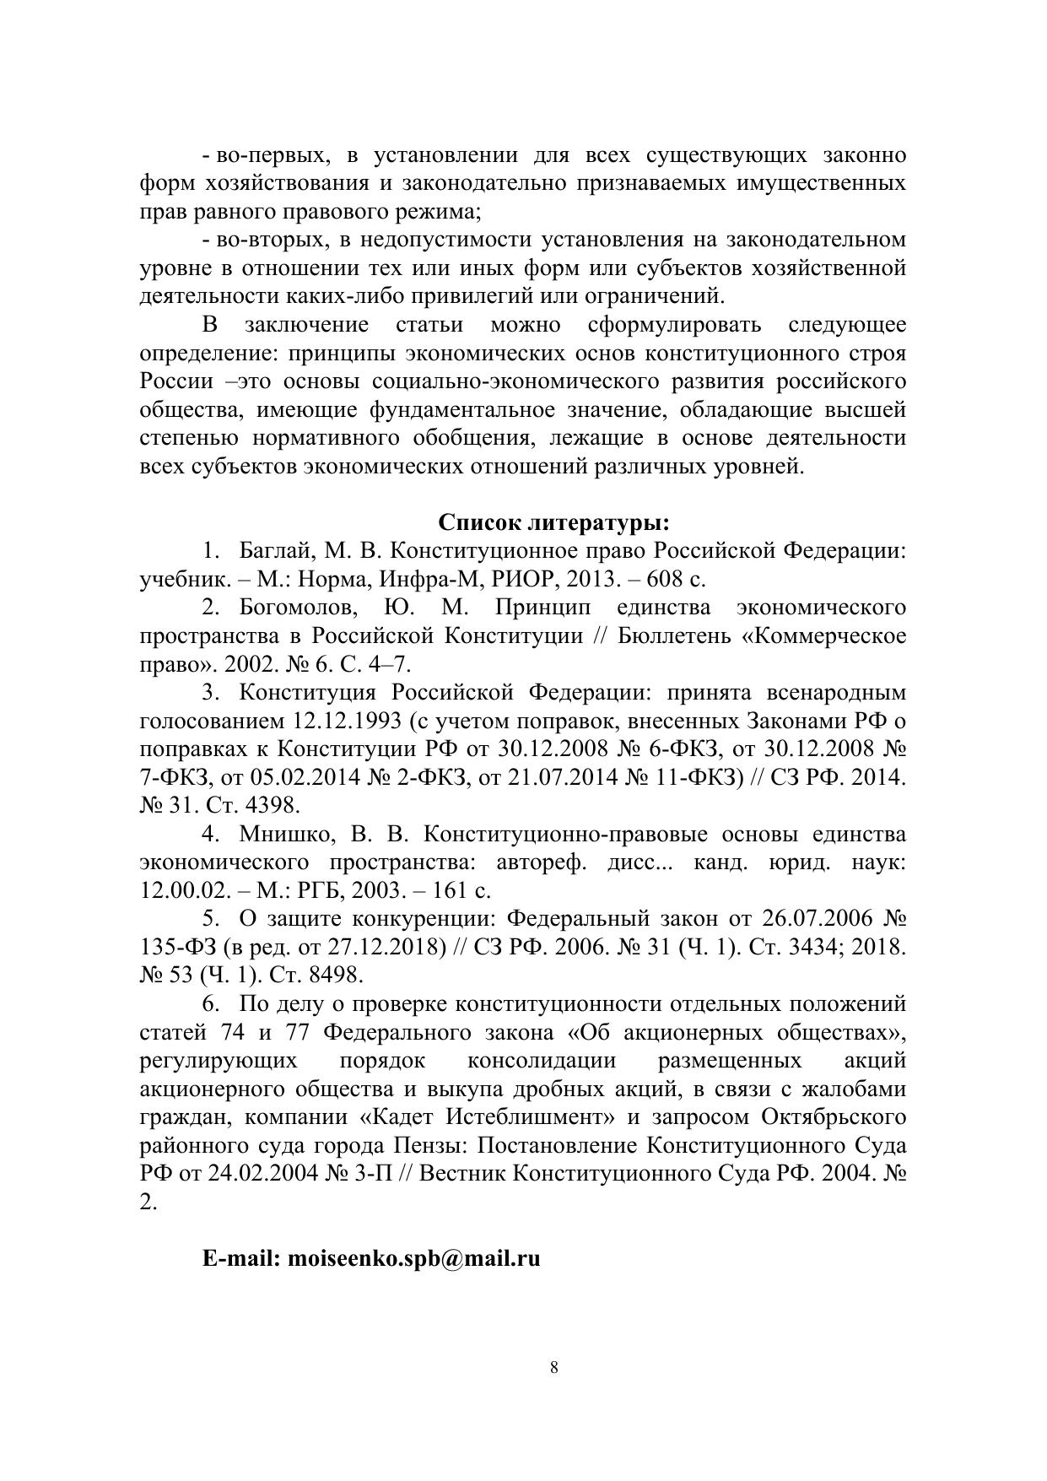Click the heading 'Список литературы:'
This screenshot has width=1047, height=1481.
[554, 522]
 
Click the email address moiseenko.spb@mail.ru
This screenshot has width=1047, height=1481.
[413, 1258]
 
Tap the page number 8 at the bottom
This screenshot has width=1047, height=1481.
[553, 1368]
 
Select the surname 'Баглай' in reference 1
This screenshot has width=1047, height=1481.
[275, 551]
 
